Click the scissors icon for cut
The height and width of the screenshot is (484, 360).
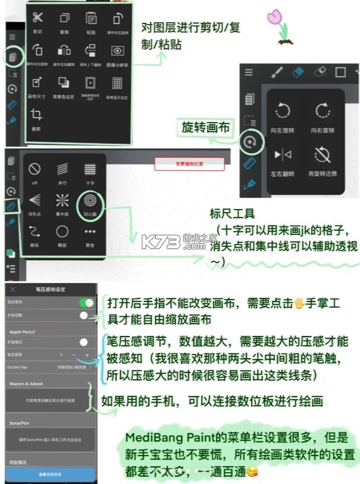[38, 18]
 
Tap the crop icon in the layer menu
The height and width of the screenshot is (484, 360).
[37, 115]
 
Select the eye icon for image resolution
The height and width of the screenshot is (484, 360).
[117, 51]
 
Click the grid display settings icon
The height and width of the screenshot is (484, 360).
[117, 83]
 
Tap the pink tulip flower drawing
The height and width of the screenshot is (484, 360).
[275, 18]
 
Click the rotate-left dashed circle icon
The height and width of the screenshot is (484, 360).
[283, 111]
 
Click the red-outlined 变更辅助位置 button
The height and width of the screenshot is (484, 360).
[189, 163]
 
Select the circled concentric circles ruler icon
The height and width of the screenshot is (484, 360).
[90, 201]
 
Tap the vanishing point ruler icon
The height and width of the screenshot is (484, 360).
[35, 201]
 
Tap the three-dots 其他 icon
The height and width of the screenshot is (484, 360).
[90, 232]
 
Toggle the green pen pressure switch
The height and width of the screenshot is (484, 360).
[87, 303]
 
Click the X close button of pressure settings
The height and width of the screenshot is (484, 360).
[13, 289]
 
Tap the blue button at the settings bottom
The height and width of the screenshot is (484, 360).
[51, 475]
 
